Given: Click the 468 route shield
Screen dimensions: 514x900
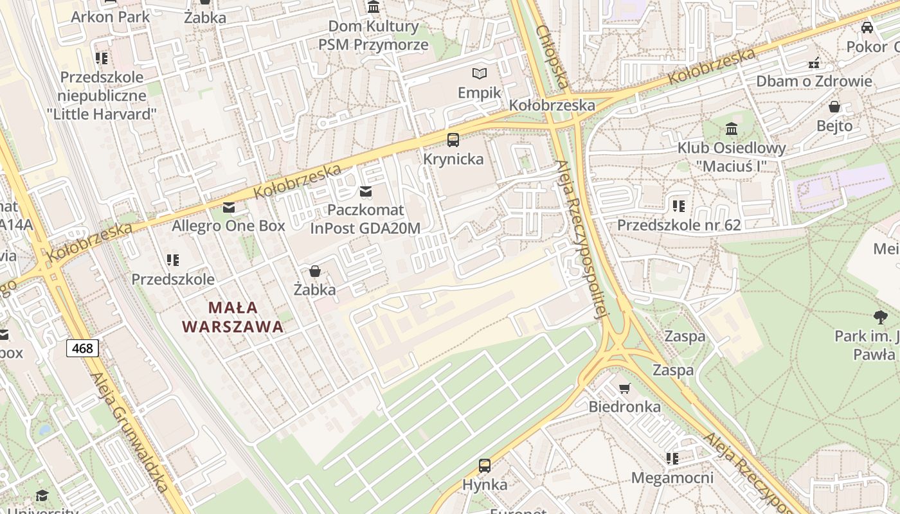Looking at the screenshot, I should [82, 349].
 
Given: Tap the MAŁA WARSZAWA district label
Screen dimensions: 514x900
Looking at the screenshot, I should [232, 317].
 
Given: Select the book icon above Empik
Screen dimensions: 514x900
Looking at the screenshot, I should [479, 73].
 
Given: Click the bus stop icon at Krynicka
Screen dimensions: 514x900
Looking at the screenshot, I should [453, 139].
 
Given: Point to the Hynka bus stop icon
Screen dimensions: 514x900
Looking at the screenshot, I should [485, 466].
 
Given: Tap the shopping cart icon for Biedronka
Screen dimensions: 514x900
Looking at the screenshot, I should [624, 387].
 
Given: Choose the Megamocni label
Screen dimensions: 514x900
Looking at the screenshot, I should [672, 477].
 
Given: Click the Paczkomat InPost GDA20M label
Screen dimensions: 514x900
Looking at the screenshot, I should [365, 219].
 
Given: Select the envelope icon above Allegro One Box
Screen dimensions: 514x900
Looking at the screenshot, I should [228, 208].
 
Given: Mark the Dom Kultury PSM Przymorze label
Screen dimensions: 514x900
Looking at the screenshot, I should [373, 35].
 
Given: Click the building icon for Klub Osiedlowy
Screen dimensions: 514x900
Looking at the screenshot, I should [731, 128].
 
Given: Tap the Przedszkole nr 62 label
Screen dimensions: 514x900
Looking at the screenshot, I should [679, 225].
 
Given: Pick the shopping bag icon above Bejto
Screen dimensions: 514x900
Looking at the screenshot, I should [834, 106].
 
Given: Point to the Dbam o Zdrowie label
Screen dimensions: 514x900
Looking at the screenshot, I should [814, 81].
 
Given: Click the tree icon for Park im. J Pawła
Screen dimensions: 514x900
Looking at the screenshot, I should [880, 316].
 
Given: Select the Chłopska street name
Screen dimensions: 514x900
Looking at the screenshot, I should [552, 57].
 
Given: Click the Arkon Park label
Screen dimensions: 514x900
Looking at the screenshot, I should [110, 17].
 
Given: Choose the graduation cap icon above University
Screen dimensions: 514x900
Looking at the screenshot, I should [42, 495].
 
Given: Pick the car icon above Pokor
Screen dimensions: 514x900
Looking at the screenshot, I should [867, 27].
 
